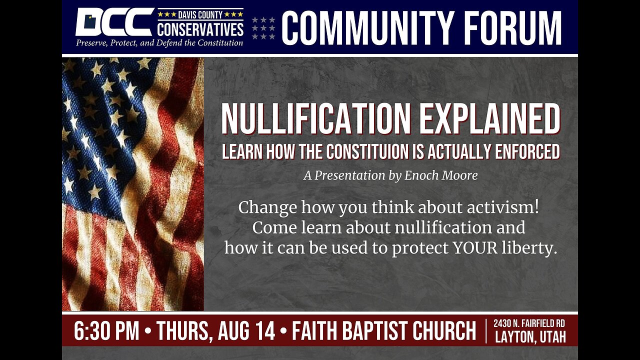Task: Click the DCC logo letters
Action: [113, 22]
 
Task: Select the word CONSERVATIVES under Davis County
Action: [200, 30]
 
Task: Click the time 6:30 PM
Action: [106, 331]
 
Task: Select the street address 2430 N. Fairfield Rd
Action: [529, 324]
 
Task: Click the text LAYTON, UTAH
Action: [530, 337]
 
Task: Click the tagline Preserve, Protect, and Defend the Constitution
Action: [159, 43]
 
